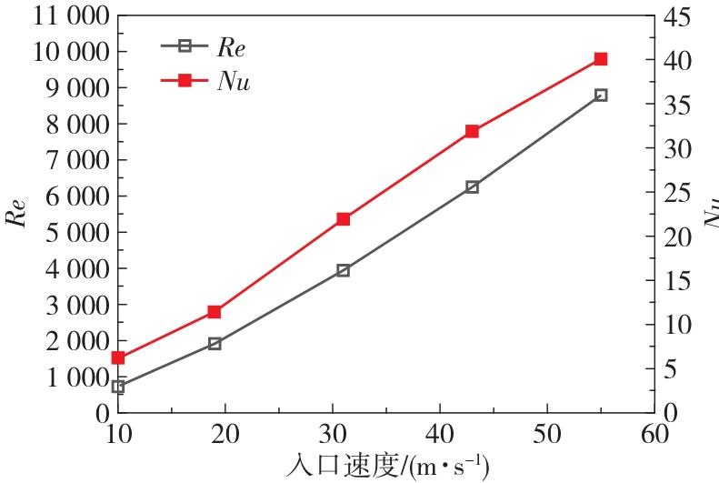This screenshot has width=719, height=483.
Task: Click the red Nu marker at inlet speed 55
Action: point(601,59)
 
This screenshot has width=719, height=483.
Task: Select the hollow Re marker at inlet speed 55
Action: point(601,95)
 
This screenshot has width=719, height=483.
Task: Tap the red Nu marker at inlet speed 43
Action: point(472,131)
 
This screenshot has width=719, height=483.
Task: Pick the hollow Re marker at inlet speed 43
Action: point(472,186)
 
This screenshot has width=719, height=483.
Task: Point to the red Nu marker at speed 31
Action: point(344,219)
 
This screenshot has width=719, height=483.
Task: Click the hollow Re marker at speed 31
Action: point(344,270)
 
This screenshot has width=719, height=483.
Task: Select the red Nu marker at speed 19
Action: point(215,312)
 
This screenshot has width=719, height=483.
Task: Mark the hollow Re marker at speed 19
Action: point(215,344)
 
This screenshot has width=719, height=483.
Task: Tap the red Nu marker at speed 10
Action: point(118,357)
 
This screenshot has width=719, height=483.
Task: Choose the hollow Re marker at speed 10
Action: point(118,387)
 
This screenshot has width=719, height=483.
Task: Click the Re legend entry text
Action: point(231,45)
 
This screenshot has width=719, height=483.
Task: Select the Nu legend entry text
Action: point(234,81)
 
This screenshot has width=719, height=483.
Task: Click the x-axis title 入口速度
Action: point(351,465)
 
